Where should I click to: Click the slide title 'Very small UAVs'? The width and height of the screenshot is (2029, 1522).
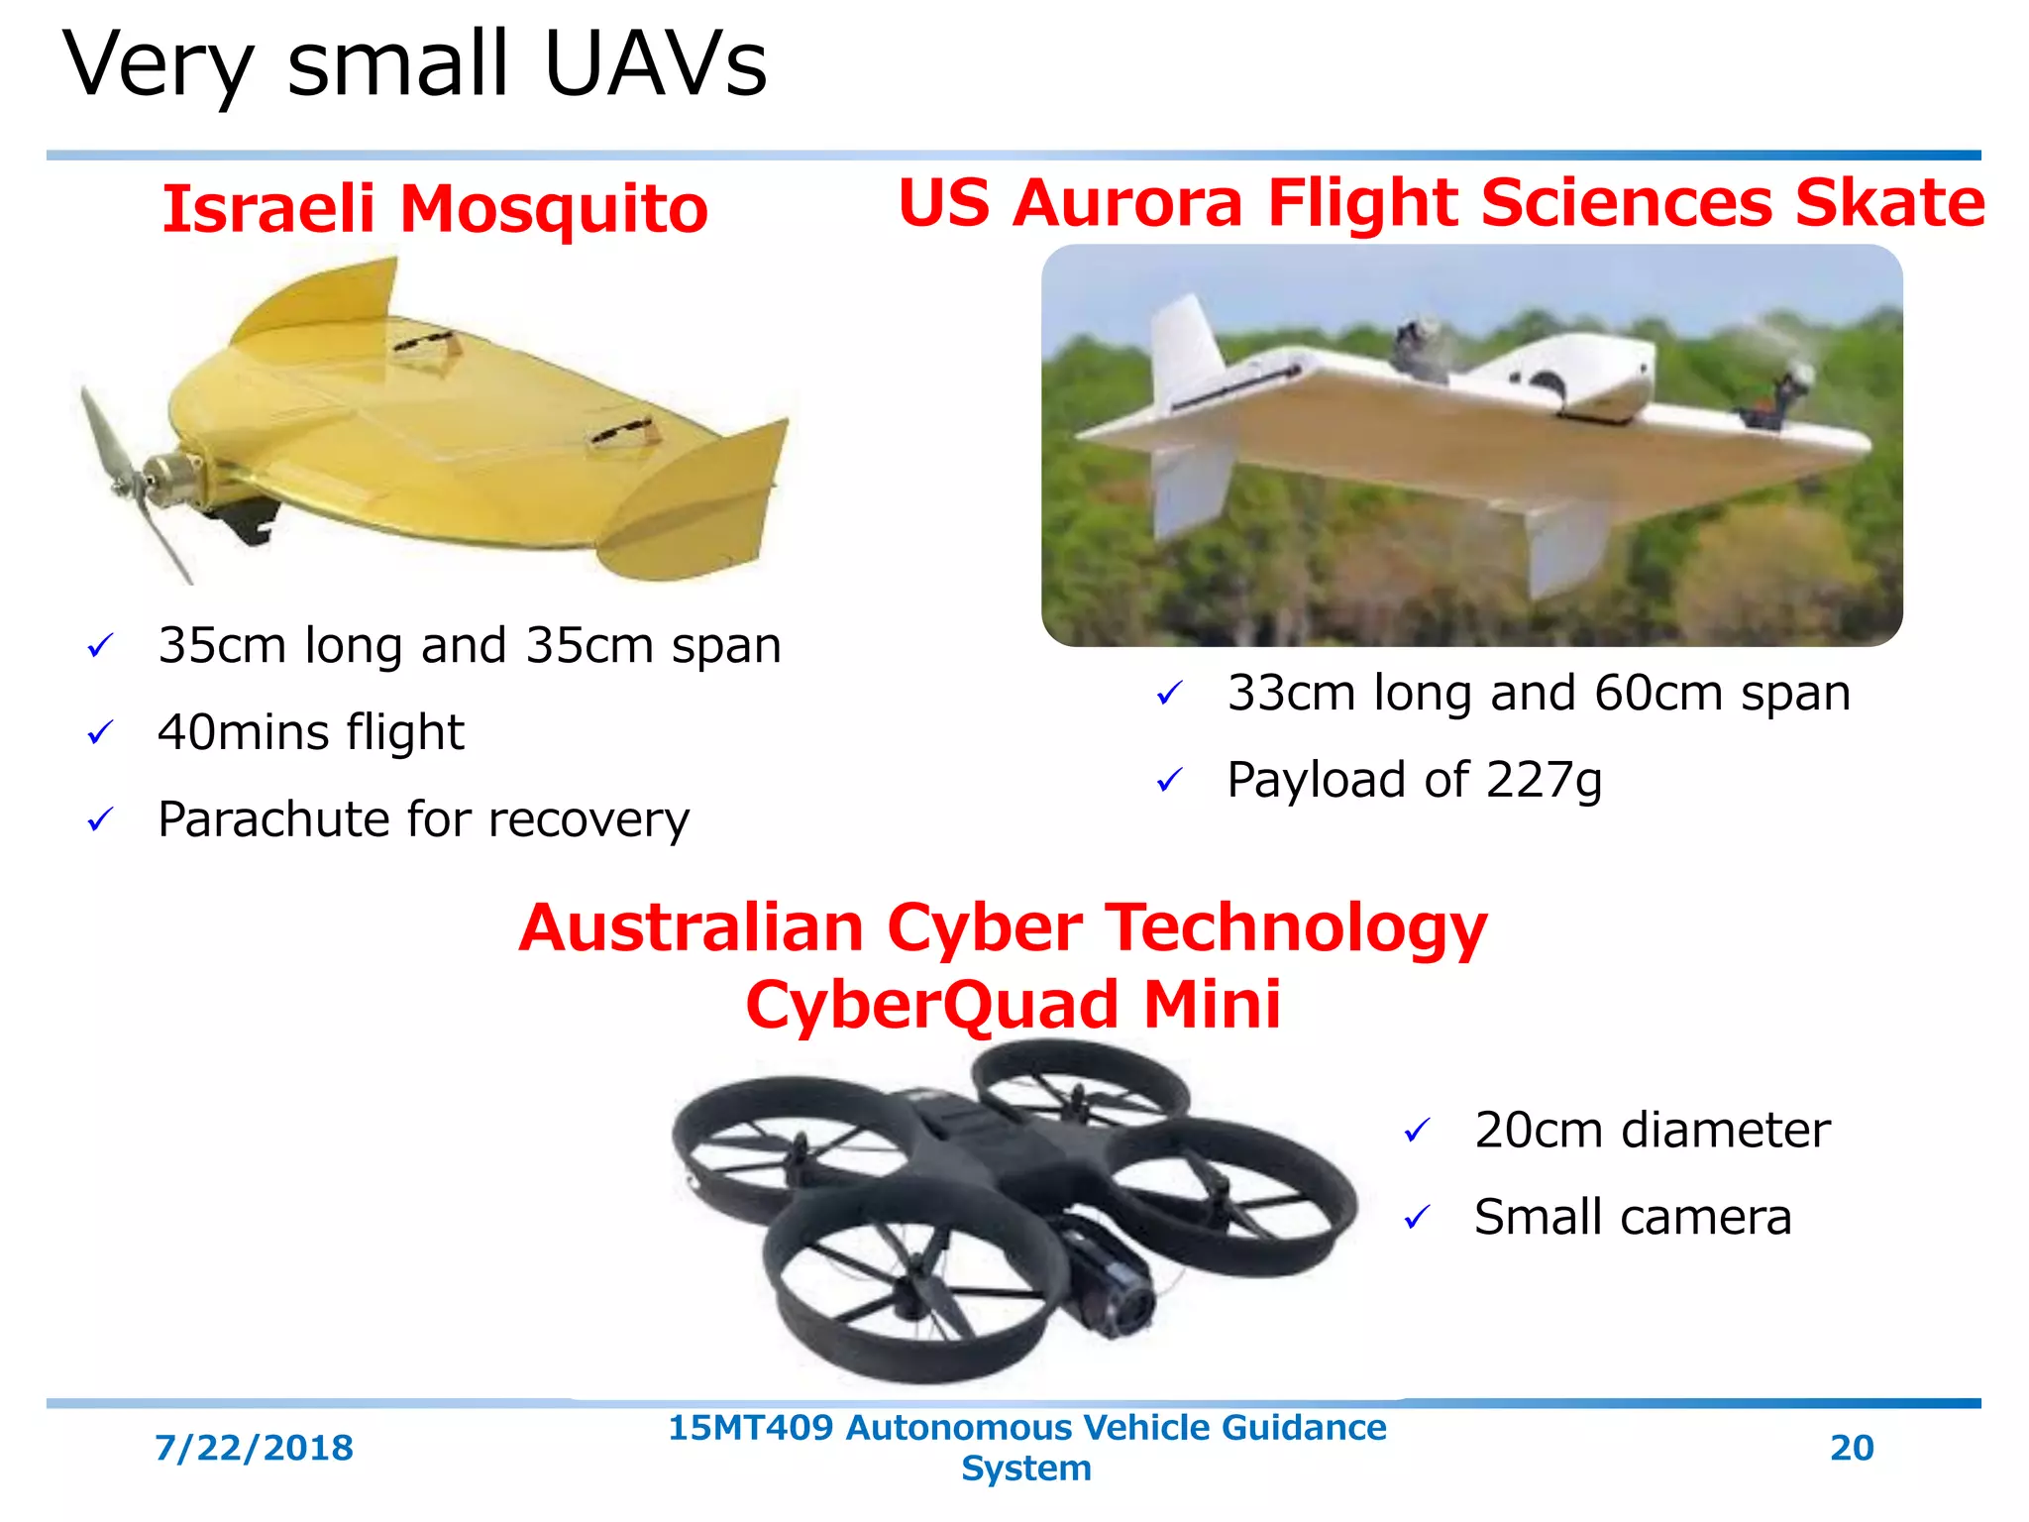414,65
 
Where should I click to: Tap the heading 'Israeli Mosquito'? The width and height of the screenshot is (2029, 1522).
435,209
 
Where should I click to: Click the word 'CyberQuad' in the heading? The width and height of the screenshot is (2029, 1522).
931,1005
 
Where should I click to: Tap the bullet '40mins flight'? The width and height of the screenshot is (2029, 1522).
310,733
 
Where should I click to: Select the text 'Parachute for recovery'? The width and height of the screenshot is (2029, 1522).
423,820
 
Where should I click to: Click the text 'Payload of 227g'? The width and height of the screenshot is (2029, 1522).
1414,780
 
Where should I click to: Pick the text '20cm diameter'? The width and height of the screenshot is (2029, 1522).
1652,1131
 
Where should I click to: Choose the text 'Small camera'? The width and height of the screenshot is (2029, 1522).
1633,1218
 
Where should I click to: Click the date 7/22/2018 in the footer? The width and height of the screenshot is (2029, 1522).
254,1449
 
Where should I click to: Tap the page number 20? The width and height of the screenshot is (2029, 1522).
1852,1449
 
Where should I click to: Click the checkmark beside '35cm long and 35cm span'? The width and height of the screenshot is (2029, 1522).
100,647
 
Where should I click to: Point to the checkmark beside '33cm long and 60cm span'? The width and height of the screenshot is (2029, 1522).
1169,694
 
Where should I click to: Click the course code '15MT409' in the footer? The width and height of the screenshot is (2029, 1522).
750,1428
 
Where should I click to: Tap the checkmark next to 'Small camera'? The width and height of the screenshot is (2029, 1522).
1417,1217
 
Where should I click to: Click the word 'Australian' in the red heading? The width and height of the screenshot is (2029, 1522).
692,928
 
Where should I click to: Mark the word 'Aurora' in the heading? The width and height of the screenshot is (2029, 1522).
1126,203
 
